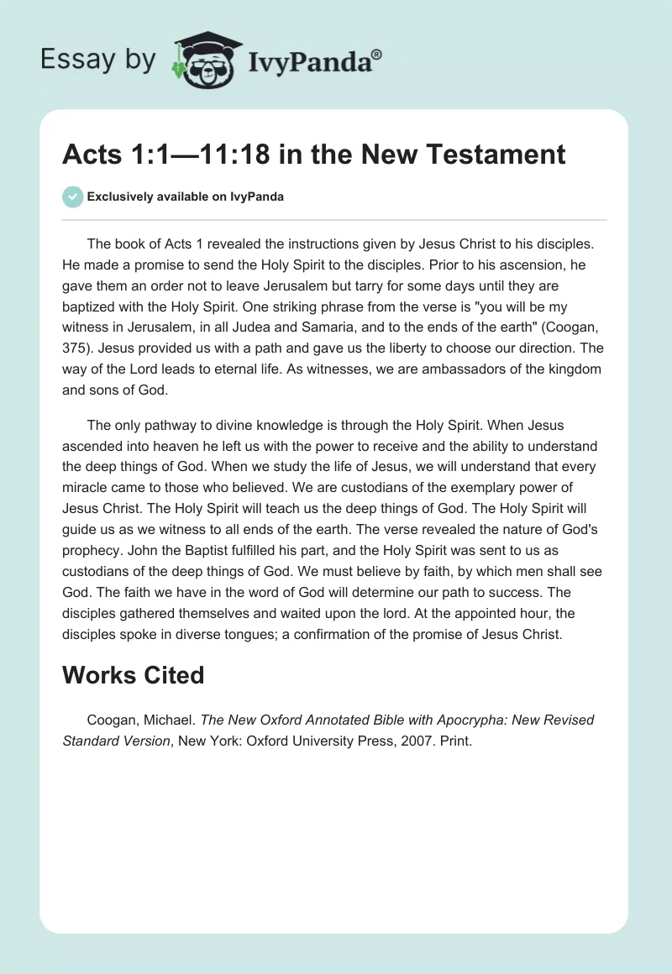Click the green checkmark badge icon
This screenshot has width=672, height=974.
pos(72,196)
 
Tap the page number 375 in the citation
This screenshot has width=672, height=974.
pos(76,345)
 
